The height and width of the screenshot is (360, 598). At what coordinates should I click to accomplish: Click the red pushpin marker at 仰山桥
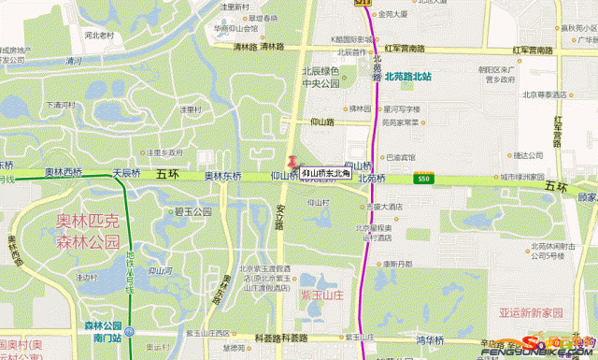point(292,163)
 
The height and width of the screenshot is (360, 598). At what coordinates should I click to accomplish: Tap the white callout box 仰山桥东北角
point(326,173)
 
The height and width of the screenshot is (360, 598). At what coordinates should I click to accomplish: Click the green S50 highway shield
point(425,177)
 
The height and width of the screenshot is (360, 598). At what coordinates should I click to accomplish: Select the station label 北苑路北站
point(407,78)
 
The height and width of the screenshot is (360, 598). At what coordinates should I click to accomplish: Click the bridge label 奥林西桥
point(64,173)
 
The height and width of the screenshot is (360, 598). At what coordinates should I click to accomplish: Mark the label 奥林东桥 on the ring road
point(223,175)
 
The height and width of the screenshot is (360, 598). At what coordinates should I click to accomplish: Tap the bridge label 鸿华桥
point(432,339)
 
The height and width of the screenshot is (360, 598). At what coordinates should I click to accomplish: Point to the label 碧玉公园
point(189,211)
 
